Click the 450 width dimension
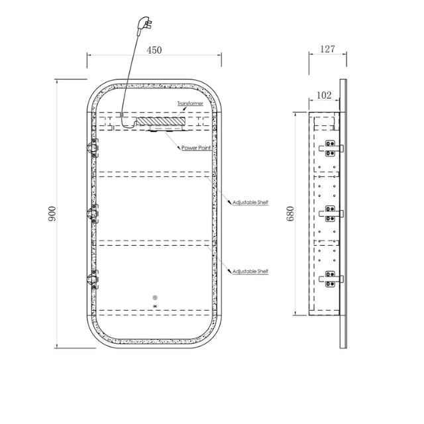point(154,50)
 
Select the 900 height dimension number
point(52,213)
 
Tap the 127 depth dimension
point(327,49)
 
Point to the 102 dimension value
point(324,95)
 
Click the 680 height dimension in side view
point(290,213)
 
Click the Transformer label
point(190,103)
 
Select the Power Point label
point(196,148)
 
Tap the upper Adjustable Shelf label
point(250,202)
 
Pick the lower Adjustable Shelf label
point(250,271)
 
